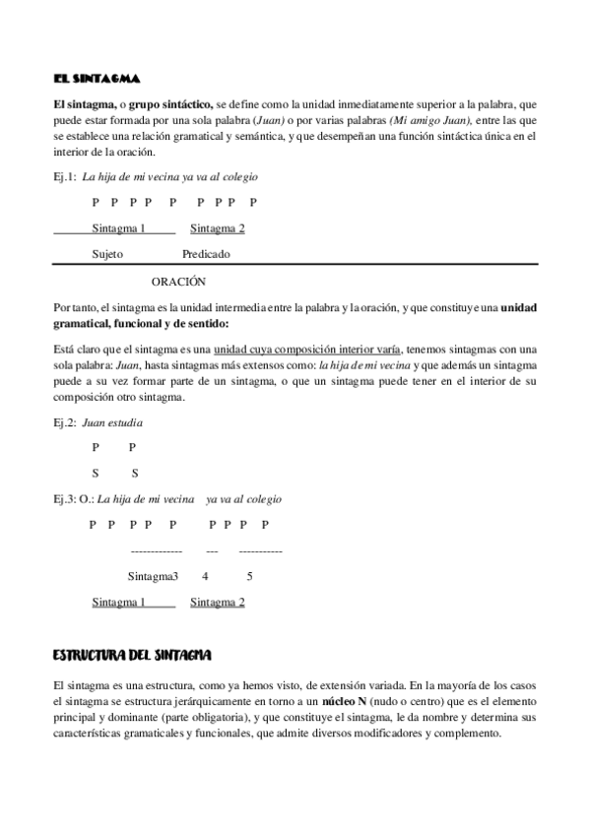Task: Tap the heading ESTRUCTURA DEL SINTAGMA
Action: (x=132, y=654)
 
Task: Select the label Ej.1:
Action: (x=66, y=177)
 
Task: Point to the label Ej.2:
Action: (x=66, y=423)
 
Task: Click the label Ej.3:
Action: (x=66, y=499)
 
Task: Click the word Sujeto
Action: (x=107, y=254)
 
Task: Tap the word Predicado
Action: (x=206, y=254)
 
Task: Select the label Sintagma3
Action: (x=153, y=576)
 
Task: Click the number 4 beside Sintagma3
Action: (x=205, y=576)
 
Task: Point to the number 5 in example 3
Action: (x=249, y=576)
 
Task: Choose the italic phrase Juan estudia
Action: (x=113, y=423)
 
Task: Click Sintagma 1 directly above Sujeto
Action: (x=118, y=229)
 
